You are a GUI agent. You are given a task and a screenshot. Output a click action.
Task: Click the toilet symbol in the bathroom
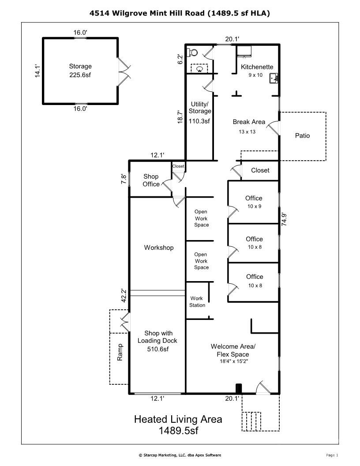(x=191, y=53)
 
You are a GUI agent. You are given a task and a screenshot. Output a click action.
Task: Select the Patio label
(x=302, y=135)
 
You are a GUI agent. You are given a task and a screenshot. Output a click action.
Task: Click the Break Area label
(x=249, y=122)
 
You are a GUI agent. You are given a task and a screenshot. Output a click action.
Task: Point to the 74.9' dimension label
(x=285, y=218)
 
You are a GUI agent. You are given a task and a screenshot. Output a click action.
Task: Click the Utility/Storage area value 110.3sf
(x=199, y=120)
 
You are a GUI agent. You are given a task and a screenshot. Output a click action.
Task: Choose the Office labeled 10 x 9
(x=254, y=202)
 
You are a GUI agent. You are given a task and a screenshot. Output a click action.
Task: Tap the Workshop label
(x=158, y=248)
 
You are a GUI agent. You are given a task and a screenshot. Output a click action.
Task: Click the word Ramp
(x=120, y=353)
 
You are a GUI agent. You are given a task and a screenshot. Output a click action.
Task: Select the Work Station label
(x=197, y=302)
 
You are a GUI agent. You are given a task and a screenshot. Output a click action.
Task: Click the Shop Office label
(x=151, y=180)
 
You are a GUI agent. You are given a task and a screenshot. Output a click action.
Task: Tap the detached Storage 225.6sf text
(x=80, y=75)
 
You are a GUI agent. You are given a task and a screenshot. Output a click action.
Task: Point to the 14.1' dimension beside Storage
(x=38, y=71)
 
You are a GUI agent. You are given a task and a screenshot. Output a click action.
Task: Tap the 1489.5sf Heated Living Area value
(x=178, y=430)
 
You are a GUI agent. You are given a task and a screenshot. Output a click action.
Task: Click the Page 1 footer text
(x=332, y=455)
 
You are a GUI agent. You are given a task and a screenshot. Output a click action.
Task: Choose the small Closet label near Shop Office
(x=178, y=166)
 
